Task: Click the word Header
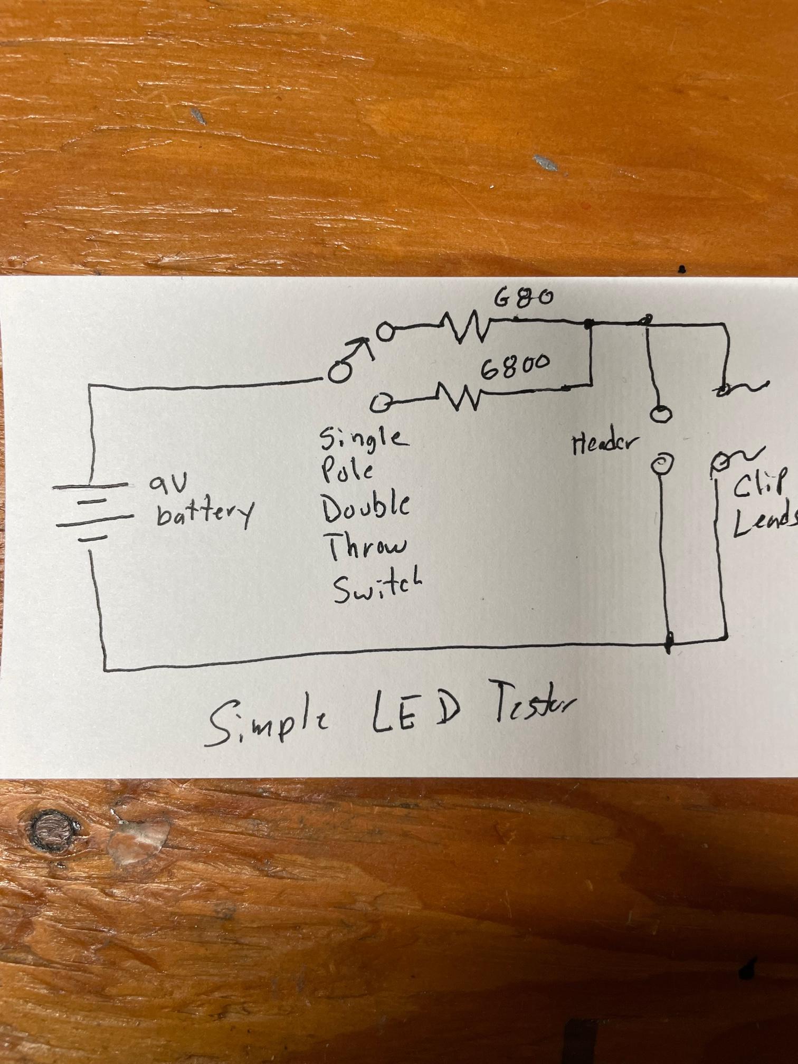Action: coord(602,445)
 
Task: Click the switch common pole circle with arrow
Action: coord(338,372)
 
